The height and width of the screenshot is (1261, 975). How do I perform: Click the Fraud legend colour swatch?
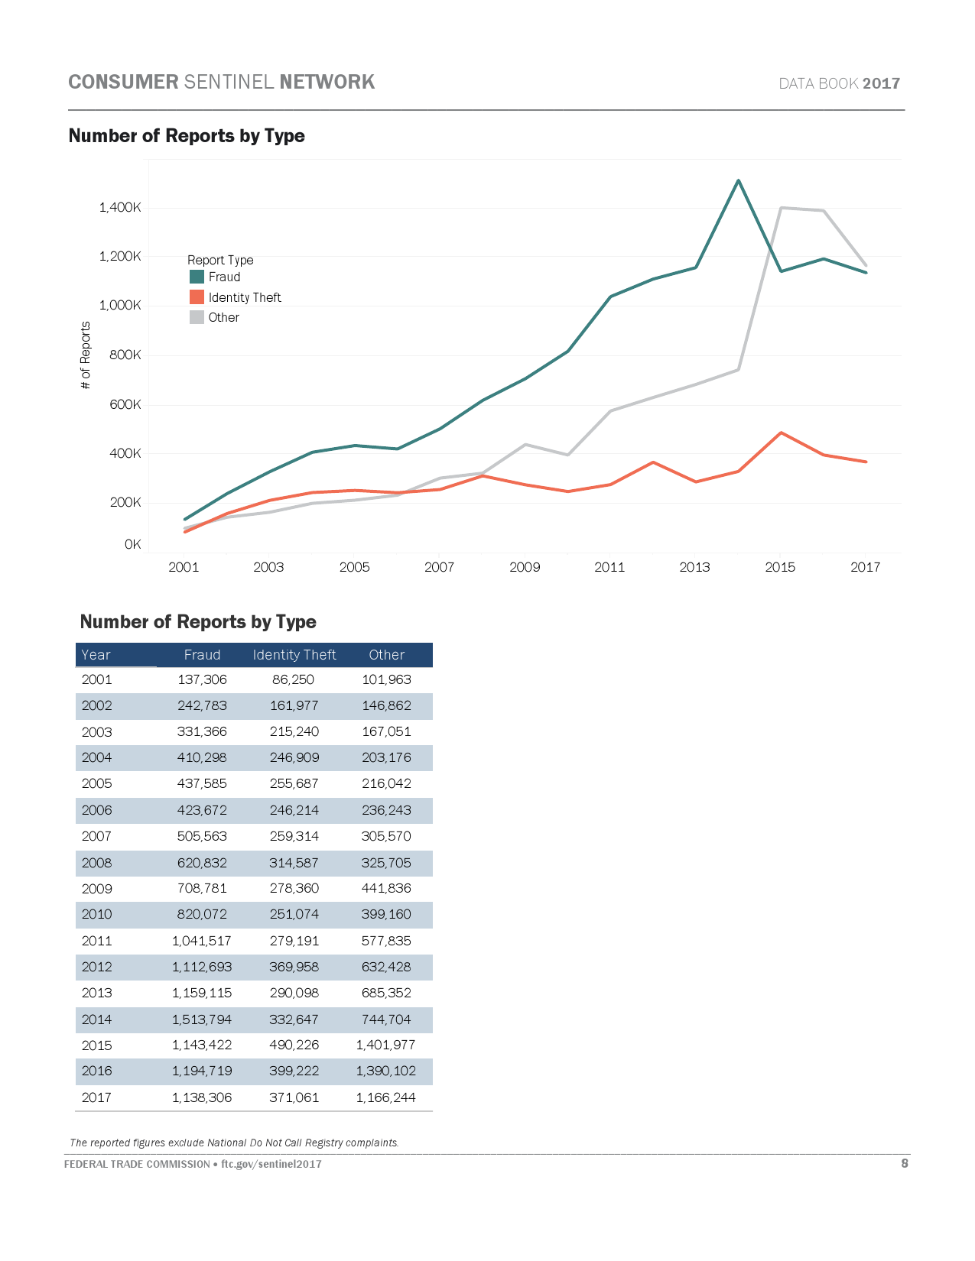197,277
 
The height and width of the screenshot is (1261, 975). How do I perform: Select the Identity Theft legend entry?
244,297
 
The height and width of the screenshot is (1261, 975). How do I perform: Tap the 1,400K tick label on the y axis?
120,207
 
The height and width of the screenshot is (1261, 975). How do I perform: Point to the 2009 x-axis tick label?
525,567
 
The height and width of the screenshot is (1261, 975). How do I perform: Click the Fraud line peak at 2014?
738,181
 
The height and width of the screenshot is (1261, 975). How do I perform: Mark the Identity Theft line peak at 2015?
781,433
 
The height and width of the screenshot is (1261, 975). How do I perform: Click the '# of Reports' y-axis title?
86,355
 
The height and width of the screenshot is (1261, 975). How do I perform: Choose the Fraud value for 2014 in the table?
201,1019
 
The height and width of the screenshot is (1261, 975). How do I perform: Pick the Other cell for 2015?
385,1045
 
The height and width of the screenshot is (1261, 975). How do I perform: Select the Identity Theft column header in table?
294,655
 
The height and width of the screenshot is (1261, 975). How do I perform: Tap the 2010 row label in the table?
97,914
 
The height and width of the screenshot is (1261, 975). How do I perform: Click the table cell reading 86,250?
294,679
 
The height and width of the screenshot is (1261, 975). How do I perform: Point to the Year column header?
96,655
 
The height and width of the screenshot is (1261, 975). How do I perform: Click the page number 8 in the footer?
905,1163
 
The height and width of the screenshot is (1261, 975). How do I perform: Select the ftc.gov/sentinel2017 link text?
271,1164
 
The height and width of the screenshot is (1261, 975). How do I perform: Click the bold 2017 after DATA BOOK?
881,83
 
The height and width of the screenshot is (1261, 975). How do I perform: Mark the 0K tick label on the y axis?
132,544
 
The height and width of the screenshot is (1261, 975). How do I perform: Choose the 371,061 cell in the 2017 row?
294,1097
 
